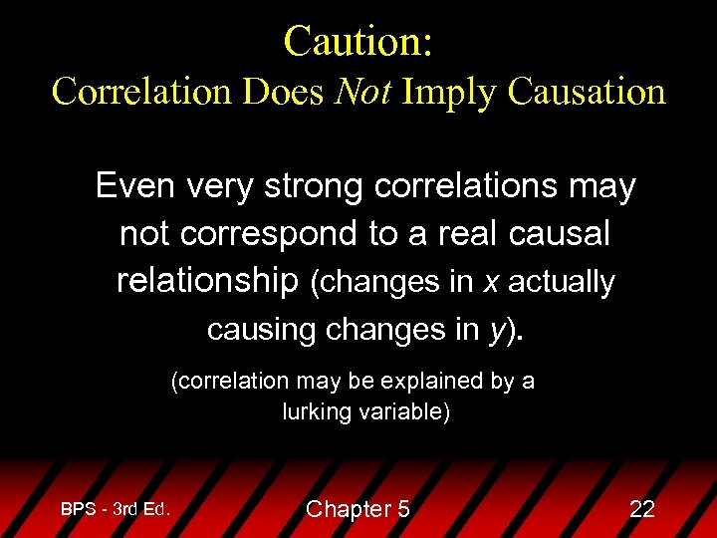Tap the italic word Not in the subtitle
coord(364,92)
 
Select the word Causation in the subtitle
coord(586,92)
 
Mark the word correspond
coord(274,234)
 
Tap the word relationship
coord(207,282)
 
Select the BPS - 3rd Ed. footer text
coord(116,508)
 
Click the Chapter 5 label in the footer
coord(358,509)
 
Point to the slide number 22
coord(642,509)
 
